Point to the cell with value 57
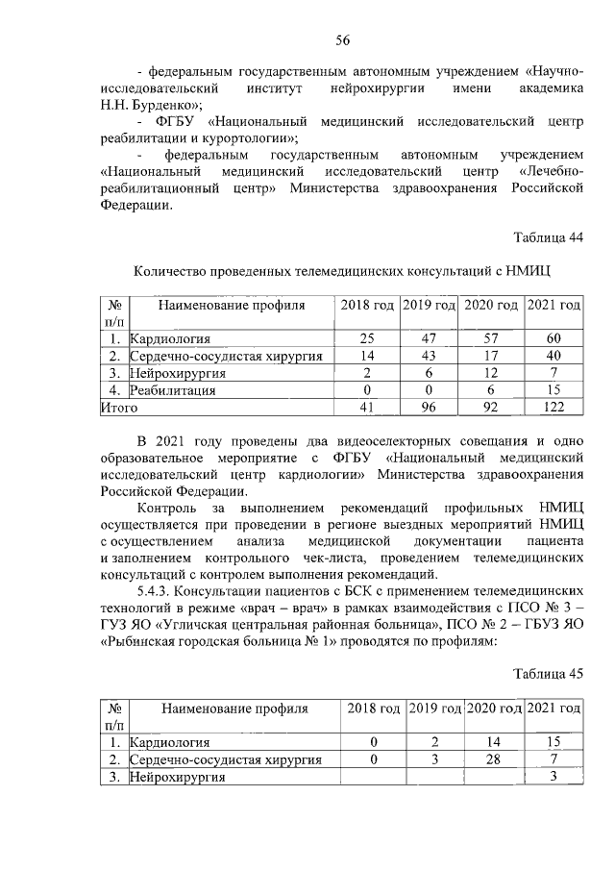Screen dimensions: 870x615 click(491, 338)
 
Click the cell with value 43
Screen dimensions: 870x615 click(430, 356)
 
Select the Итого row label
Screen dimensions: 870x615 click(119, 408)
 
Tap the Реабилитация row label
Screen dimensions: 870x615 click(173, 390)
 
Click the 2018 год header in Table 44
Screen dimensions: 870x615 click(367, 305)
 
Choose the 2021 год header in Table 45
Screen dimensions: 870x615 click(555, 708)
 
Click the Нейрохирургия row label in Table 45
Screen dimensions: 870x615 click(179, 777)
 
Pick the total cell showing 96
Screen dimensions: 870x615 click(430, 408)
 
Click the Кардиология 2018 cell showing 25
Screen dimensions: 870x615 click(367, 338)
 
